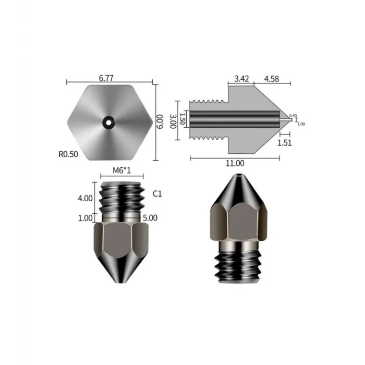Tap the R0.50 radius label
click(68, 154)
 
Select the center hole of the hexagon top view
click(109, 122)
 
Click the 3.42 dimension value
click(241, 79)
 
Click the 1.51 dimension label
click(284, 142)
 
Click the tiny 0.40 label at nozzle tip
click(292, 115)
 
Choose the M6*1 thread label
click(122, 171)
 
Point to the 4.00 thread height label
click(84, 198)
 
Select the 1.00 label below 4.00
click(84, 218)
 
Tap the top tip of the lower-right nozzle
click(239, 176)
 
